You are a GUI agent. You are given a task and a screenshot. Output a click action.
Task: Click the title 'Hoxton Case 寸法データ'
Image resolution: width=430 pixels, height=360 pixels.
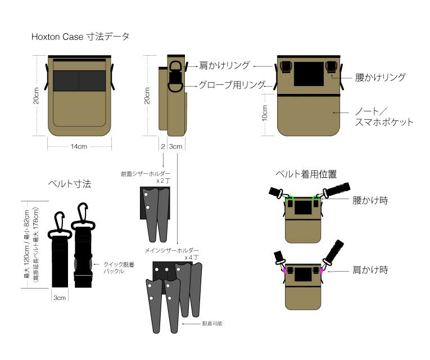point(80,37)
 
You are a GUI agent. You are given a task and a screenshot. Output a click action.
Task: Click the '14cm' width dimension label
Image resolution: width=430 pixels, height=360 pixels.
point(78,147)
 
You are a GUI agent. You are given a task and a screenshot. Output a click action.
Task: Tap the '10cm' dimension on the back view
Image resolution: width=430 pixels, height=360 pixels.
point(265,114)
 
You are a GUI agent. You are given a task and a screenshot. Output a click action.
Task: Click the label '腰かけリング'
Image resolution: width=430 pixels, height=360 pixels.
point(380,78)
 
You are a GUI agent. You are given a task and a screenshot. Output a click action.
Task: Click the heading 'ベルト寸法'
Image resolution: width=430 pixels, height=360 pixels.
point(70,184)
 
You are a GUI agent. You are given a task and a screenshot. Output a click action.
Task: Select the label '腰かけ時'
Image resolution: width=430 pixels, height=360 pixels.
point(370,200)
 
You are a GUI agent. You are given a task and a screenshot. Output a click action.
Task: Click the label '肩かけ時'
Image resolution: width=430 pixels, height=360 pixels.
point(370,271)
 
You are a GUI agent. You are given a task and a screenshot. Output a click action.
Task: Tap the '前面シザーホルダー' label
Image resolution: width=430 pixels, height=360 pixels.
point(145,174)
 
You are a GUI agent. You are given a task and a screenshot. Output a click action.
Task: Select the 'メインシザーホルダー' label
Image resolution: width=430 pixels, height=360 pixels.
point(168,250)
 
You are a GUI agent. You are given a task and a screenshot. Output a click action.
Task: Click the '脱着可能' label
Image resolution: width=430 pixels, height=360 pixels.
point(212,324)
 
